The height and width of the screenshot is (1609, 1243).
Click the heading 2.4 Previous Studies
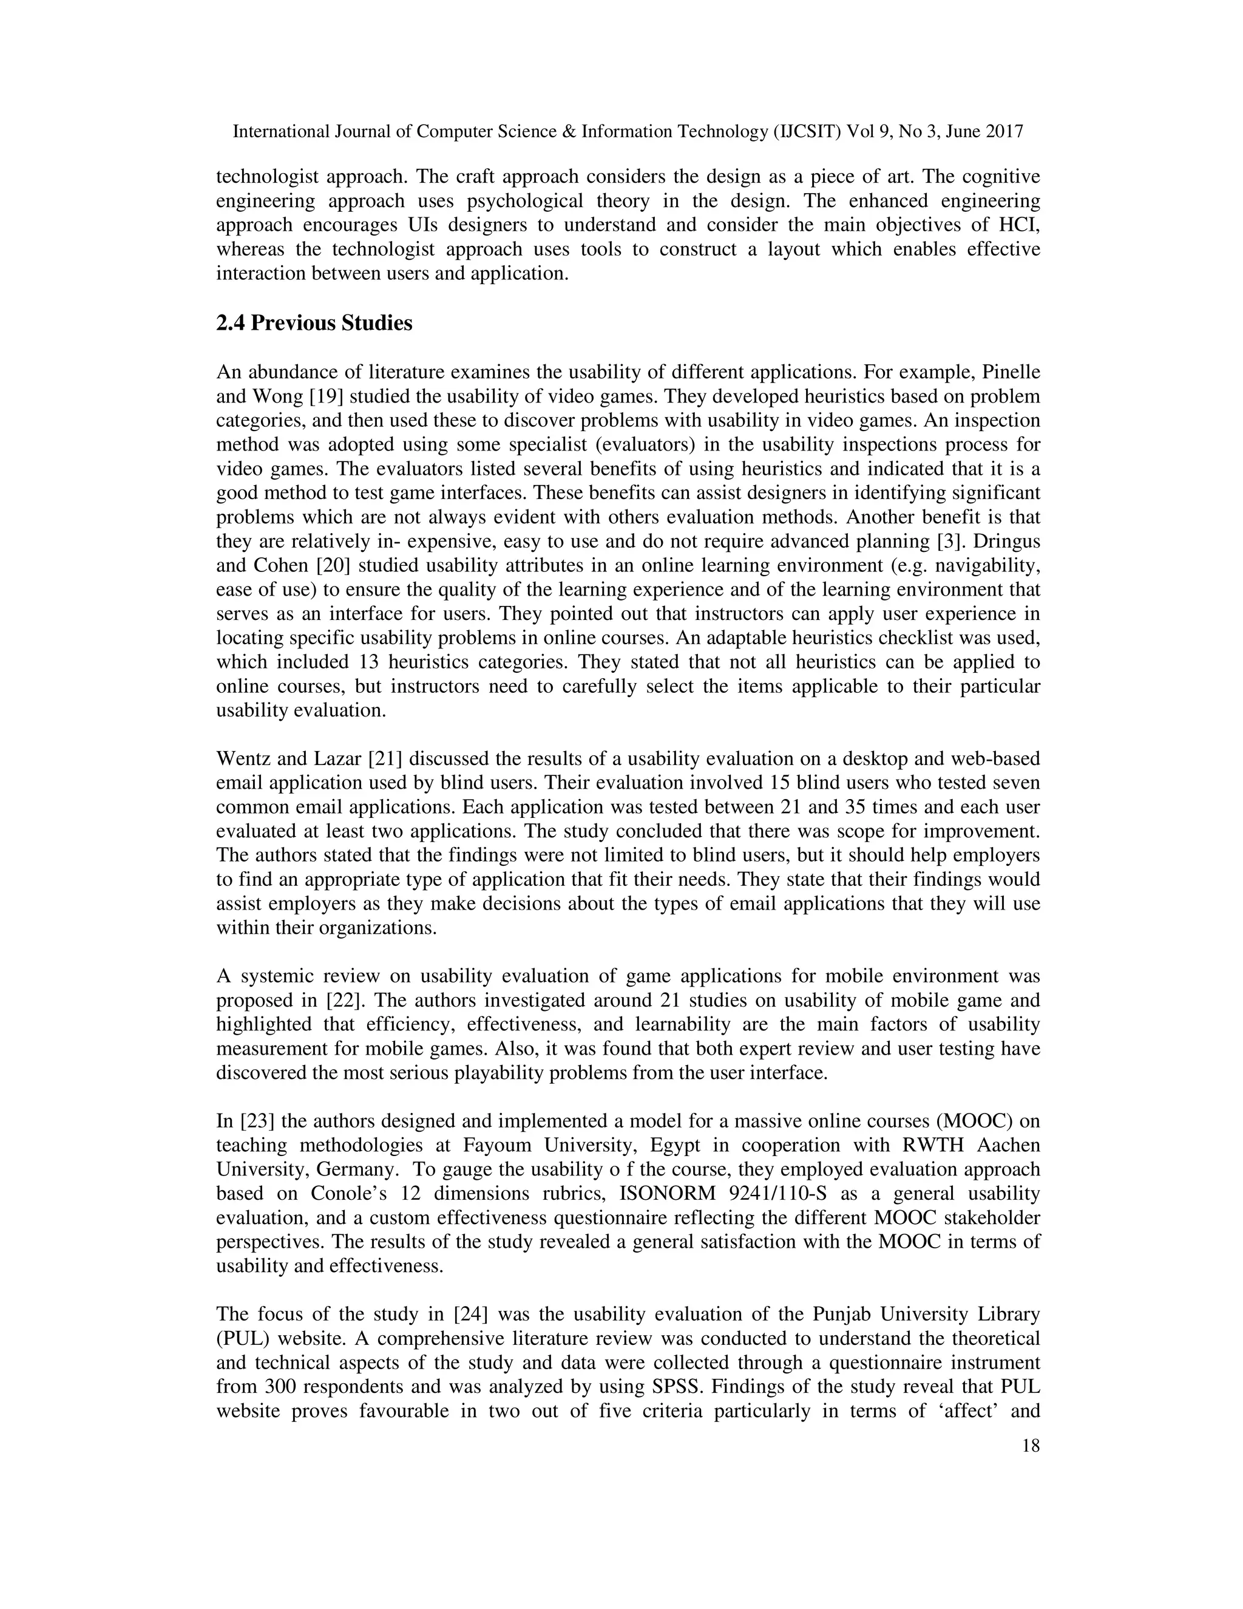tap(314, 324)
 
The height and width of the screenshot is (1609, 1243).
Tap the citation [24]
tap(472, 1315)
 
